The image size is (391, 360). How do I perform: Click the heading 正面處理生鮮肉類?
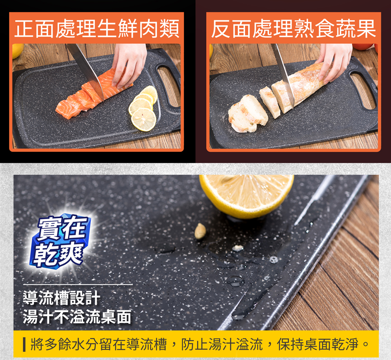click(x=97, y=28)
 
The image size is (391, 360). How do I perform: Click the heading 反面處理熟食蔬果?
click(x=293, y=28)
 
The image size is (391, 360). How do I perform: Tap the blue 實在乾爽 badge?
click(x=61, y=240)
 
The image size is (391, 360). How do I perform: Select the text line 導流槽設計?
click(x=61, y=298)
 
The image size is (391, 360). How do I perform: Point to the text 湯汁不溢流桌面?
click(x=77, y=316)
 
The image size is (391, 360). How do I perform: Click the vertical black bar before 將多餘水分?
click(x=24, y=344)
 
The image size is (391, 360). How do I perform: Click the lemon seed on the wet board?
click(x=200, y=231)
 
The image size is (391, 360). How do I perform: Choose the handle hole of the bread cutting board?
click(x=363, y=90)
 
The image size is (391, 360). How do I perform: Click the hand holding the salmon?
click(x=129, y=65)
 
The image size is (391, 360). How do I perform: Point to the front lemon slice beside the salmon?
click(x=144, y=119)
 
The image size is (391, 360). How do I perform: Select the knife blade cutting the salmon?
click(x=86, y=70)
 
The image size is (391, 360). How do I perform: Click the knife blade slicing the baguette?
click(x=283, y=75)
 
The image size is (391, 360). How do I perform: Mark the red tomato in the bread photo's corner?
click(x=365, y=47)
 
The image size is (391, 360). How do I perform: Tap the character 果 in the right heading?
click(x=366, y=28)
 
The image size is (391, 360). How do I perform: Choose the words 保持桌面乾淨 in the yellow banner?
click(x=318, y=344)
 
